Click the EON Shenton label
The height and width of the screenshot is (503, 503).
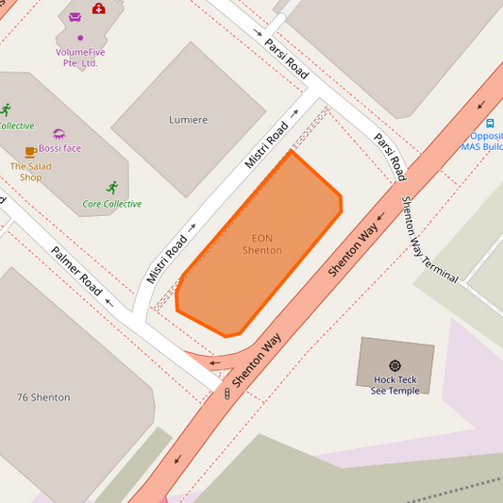click(x=262, y=244)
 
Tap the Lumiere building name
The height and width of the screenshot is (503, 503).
click(x=188, y=120)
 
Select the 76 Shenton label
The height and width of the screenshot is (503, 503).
click(x=43, y=397)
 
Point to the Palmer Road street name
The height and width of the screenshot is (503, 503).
click(x=76, y=271)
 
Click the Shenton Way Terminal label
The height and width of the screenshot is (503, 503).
click(x=430, y=240)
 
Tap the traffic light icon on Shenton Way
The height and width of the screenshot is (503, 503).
click(x=226, y=393)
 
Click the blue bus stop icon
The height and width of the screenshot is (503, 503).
click(x=490, y=123)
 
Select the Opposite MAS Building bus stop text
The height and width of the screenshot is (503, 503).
click(x=483, y=141)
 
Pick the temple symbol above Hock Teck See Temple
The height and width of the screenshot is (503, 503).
click(x=394, y=365)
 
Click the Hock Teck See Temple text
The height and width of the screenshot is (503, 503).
click(x=394, y=385)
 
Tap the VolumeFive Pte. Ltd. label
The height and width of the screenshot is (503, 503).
click(x=80, y=58)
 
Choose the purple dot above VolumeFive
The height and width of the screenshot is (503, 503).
click(x=80, y=38)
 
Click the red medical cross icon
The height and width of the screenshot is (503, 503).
click(x=99, y=8)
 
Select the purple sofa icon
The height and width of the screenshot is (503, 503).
click(x=75, y=16)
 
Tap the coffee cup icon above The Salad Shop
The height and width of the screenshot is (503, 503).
click(x=30, y=151)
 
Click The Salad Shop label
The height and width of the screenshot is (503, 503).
click(x=31, y=172)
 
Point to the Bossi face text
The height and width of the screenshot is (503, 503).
click(x=60, y=149)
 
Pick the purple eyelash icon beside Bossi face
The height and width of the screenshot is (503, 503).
click(x=59, y=134)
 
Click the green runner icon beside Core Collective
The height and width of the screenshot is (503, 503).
click(x=113, y=187)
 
